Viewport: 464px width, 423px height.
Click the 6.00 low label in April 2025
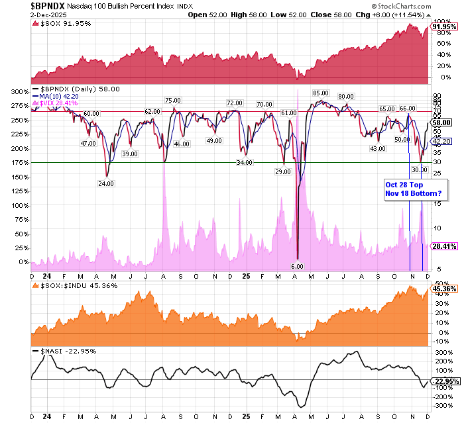(297, 266)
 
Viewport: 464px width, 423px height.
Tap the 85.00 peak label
(321, 93)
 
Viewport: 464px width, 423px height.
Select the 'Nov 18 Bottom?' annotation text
(413, 193)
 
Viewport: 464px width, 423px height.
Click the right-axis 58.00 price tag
(442, 122)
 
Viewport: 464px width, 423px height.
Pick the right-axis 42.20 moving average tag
(442, 141)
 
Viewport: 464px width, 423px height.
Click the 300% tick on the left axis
(20, 91)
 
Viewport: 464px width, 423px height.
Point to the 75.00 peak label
(173, 100)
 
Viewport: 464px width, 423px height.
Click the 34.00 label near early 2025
(245, 162)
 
